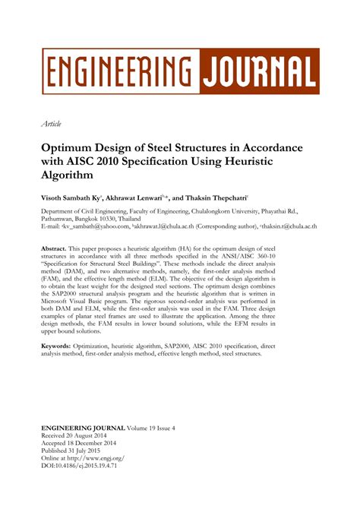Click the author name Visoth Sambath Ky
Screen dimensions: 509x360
(x=75, y=197)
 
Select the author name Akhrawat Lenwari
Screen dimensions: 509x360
(x=144, y=197)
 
